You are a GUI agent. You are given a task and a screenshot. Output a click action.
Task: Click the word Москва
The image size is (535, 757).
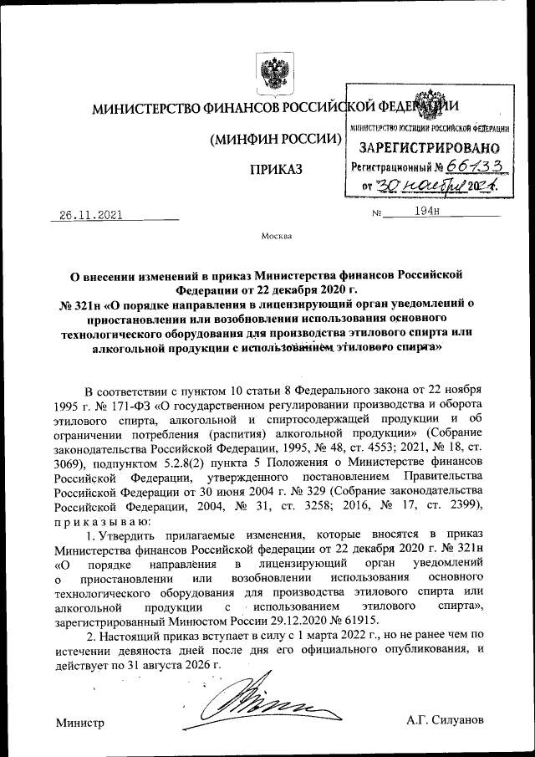(x=277, y=236)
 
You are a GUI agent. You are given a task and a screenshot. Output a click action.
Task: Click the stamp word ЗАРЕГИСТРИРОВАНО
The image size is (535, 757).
(x=429, y=147)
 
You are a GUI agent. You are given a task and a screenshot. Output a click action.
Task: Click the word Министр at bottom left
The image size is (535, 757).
(x=79, y=721)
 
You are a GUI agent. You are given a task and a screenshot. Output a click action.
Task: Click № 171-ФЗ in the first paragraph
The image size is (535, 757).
(x=122, y=406)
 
